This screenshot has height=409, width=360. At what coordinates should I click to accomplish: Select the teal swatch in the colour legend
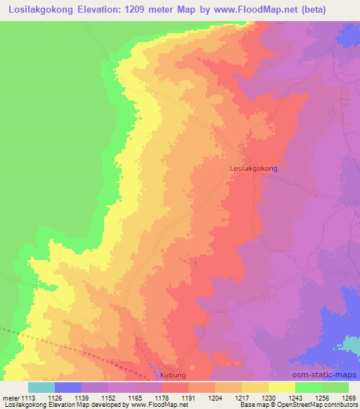[41, 387]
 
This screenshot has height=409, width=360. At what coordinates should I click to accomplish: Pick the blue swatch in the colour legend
[68, 387]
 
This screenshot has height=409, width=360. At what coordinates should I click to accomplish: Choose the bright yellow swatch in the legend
[281, 387]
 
